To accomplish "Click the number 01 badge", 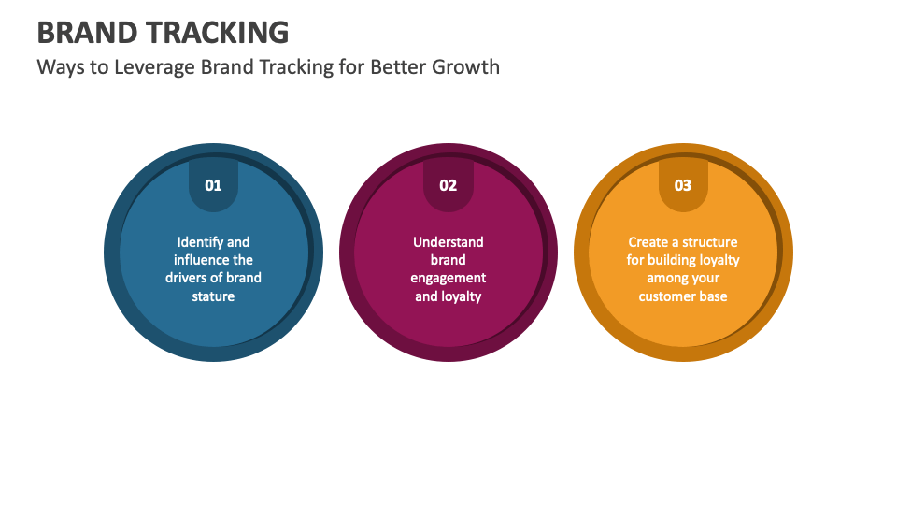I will click(214, 184).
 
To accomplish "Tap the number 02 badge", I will click(448, 184).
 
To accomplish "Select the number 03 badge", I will click(683, 184).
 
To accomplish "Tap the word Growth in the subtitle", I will click(464, 67).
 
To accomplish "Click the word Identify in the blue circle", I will click(198, 242).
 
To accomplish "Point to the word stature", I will click(214, 296).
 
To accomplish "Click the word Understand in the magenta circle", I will click(448, 242).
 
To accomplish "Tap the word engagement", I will click(448, 278).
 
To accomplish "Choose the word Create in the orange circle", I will click(648, 242).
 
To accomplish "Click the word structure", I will click(709, 242).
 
